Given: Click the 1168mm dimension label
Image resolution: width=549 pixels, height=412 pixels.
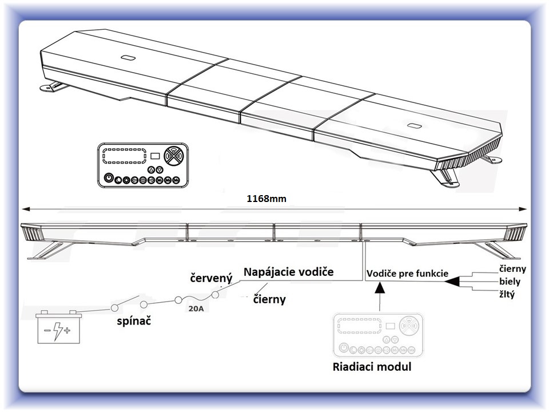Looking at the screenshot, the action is (x=266, y=199).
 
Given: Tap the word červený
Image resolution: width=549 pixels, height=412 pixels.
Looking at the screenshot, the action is (x=211, y=278).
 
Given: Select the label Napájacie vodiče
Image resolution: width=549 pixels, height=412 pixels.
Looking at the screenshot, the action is (x=288, y=272).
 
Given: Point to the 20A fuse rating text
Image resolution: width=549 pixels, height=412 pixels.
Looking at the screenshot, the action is (x=196, y=308).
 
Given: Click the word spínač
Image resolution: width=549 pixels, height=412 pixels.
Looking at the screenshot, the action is (x=134, y=321).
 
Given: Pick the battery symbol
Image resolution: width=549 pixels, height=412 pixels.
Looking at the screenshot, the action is (x=58, y=327).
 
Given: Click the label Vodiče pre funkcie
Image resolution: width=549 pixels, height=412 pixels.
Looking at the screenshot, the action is (x=407, y=274).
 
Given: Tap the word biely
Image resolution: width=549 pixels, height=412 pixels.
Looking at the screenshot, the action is (x=510, y=282).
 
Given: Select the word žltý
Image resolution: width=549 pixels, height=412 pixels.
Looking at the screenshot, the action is (x=507, y=294).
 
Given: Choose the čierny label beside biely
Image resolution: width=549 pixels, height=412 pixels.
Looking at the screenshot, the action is (x=512, y=269).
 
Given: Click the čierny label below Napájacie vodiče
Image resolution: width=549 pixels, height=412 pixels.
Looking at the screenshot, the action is (x=269, y=299).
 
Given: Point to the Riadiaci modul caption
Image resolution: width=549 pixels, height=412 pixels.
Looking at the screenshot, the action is (x=372, y=367).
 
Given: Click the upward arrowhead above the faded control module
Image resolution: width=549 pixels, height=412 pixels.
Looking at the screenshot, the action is (x=380, y=288).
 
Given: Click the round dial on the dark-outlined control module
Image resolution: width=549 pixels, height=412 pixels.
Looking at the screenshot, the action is (x=174, y=156).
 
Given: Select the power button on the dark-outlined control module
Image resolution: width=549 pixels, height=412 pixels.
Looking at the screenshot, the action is (x=109, y=178).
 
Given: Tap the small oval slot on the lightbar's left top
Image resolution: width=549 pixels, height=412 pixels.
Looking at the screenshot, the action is (x=128, y=57).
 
